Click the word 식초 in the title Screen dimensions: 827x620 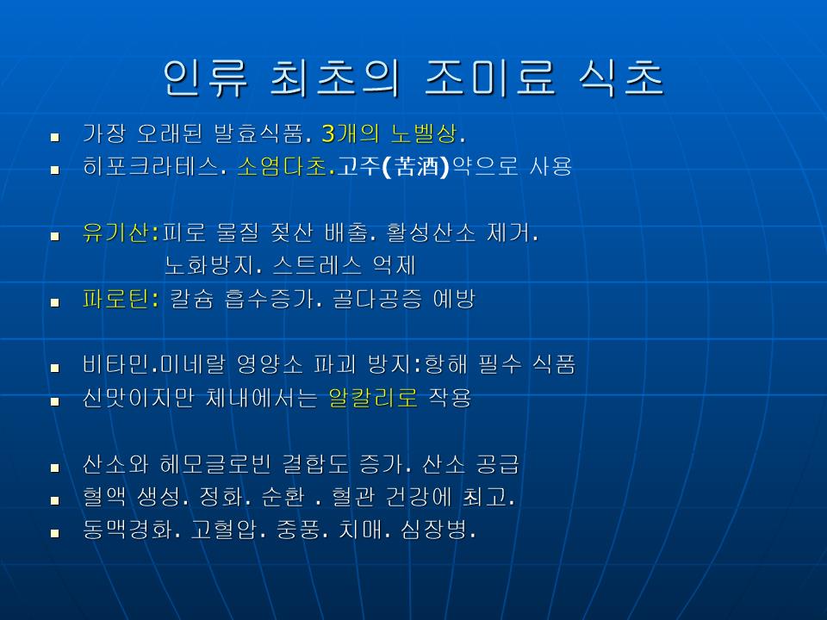pos(621,77)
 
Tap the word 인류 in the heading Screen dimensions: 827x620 pos(205,77)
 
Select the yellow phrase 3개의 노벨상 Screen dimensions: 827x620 pos(389,134)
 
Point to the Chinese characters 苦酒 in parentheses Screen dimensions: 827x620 pos(417,166)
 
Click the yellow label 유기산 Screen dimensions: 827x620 pos(115,232)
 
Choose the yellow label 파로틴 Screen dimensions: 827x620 pos(115,299)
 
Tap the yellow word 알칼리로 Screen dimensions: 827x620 pos(373,398)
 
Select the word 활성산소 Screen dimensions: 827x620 pos(431,232)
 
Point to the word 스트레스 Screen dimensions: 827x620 pos(317,265)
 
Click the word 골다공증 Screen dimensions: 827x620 pos(377,299)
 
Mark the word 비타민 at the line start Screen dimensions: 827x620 pos(115,364)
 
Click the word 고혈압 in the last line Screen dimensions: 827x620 pos(224,530)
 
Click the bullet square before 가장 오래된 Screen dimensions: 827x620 pos(55,138)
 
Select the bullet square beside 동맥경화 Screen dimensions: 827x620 pos(55,533)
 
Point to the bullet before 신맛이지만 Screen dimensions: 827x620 pos(55,401)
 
